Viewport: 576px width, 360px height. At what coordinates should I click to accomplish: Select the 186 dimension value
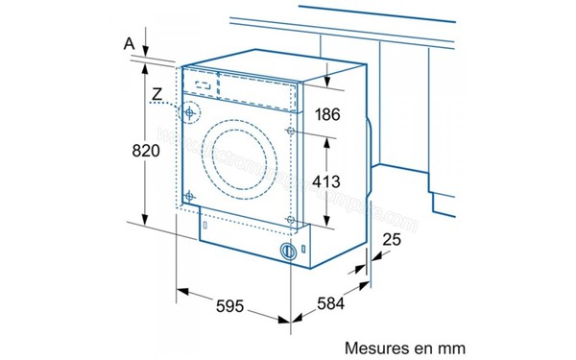(327, 115)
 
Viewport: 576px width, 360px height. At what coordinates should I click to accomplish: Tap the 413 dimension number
(327, 180)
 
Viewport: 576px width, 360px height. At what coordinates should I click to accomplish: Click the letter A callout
(128, 43)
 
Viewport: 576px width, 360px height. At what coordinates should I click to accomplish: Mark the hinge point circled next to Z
(192, 112)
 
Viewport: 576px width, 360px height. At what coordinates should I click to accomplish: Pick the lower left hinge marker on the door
(190, 197)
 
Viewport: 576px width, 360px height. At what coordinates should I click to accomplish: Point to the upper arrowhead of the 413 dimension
(328, 136)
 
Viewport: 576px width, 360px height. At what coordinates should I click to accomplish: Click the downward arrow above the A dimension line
(144, 53)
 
